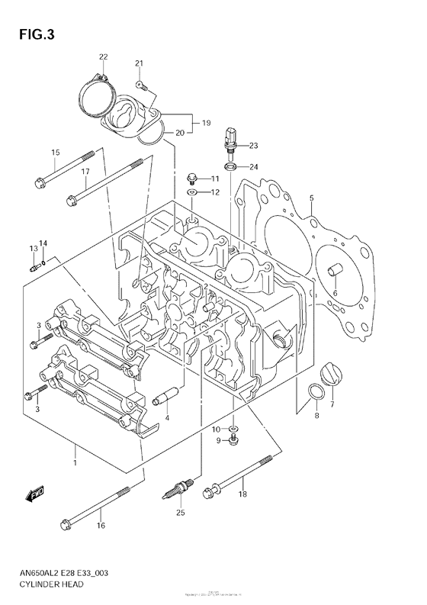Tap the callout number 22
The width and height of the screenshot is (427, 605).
[104, 57]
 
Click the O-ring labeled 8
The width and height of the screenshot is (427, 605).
[313, 394]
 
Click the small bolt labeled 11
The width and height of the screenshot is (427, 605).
[192, 179]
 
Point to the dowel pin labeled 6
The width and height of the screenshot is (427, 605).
[333, 271]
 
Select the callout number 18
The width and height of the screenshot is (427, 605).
[243, 495]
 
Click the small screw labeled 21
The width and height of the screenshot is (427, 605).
[140, 84]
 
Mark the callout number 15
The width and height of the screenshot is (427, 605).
[56, 153]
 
